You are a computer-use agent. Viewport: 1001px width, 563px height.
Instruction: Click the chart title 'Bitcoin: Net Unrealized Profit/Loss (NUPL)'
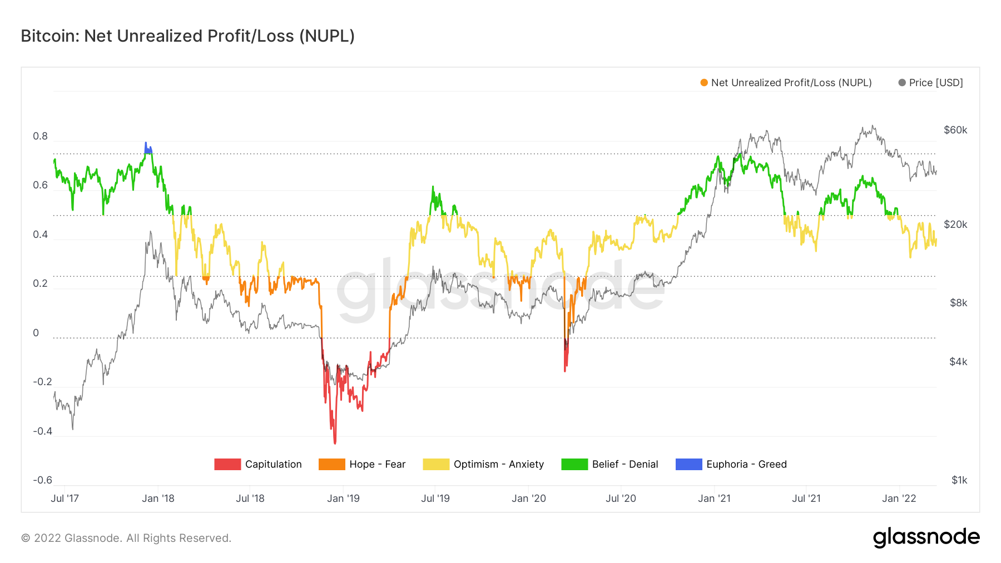pos(187,36)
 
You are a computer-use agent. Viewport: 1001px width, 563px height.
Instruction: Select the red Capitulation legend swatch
pos(227,464)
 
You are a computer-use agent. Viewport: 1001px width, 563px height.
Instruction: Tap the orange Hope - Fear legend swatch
pos(331,464)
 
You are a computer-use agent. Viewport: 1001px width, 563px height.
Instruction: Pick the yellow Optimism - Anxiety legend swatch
pos(435,464)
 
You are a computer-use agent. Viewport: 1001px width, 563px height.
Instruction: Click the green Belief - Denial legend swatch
pos(574,464)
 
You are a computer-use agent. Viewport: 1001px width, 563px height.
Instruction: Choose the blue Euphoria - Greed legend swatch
pos(688,464)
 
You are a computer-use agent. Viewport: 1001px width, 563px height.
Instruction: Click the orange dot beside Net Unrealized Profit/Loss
pos(704,83)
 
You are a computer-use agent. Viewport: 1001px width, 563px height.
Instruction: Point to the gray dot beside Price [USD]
pos(902,83)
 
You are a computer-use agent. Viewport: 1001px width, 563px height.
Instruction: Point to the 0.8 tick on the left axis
pos(40,136)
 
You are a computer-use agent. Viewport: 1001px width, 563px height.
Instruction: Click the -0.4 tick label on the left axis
pos(42,431)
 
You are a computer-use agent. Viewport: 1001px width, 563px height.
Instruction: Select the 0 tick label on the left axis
pos(36,333)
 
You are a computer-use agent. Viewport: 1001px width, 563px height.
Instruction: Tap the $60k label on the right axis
pos(955,130)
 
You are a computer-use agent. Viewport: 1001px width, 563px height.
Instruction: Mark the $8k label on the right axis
pos(958,303)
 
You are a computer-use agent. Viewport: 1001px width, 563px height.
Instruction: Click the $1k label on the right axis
pos(959,480)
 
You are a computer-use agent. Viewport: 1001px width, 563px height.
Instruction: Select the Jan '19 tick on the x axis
pos(343,499)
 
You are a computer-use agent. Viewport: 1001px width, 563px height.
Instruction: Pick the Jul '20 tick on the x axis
pos(621,499)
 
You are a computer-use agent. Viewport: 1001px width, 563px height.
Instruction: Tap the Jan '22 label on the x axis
pos(899,499)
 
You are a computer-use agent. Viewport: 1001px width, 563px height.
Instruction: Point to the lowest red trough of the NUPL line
pos(335,442)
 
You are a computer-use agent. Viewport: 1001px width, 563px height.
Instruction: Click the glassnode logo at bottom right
pos(926,537)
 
